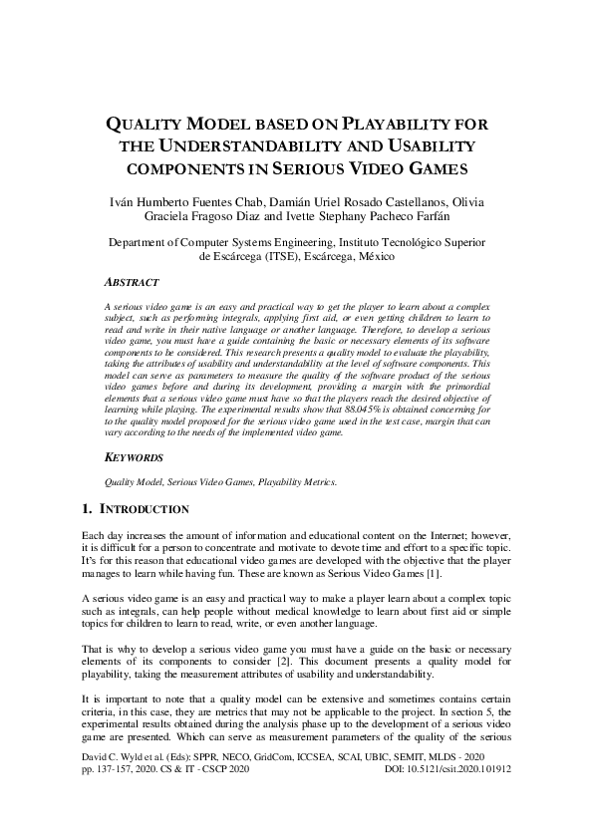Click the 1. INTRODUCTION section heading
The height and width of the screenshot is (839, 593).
tap(135, 509)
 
